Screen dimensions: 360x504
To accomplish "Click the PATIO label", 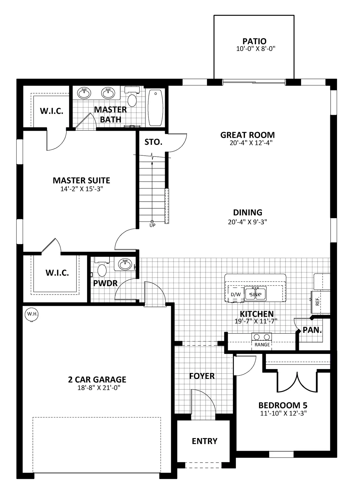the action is (x=254, y=41).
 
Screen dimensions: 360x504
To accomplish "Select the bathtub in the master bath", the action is (x=155, y=108).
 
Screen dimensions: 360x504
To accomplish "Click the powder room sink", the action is (x=125, y=264).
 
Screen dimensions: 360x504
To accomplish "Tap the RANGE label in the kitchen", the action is (x=262, y=345).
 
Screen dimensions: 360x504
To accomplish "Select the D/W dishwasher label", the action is (x=236, y=294).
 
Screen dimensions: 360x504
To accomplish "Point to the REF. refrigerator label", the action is (x=317, y=301).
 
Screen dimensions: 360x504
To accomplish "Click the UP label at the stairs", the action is (x=152, y=225).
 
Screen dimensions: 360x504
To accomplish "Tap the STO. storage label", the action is (x=154, y=142).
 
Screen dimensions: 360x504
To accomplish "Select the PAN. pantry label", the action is (x=312, y=330).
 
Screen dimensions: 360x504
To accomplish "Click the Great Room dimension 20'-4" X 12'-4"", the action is (x=251, y=143).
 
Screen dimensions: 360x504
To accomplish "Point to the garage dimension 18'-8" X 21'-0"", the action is (x=99, y=388).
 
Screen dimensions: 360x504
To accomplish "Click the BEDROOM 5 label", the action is (x=283, y=405).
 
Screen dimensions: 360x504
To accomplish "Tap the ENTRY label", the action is (x=205, y=441).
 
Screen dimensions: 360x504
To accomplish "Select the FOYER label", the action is (x=202, y=376).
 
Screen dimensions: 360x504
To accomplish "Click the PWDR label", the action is (x=105, y=283).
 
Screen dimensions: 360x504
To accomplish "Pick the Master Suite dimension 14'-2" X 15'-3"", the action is (x=82, y=189).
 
